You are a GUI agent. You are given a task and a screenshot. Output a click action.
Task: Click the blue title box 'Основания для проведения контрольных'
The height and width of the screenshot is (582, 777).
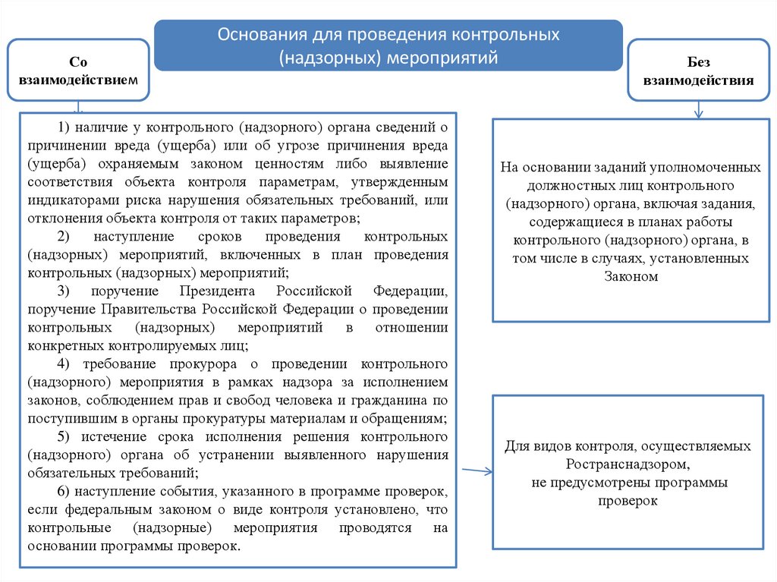tap(388, 46)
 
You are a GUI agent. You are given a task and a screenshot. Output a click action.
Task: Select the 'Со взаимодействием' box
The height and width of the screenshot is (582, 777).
tap(78, 70)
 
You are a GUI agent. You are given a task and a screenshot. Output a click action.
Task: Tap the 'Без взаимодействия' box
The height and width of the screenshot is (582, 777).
tap(698, 71)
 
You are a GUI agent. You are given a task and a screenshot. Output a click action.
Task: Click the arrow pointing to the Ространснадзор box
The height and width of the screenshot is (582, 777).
tap(477, 472)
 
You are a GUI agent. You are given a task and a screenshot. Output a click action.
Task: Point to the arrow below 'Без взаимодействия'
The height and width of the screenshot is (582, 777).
tap(698, 109)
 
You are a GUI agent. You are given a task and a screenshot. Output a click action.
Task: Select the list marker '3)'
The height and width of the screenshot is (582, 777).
tap(63, 291)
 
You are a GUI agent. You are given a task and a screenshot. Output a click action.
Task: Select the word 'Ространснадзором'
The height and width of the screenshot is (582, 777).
tap(627, 464)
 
